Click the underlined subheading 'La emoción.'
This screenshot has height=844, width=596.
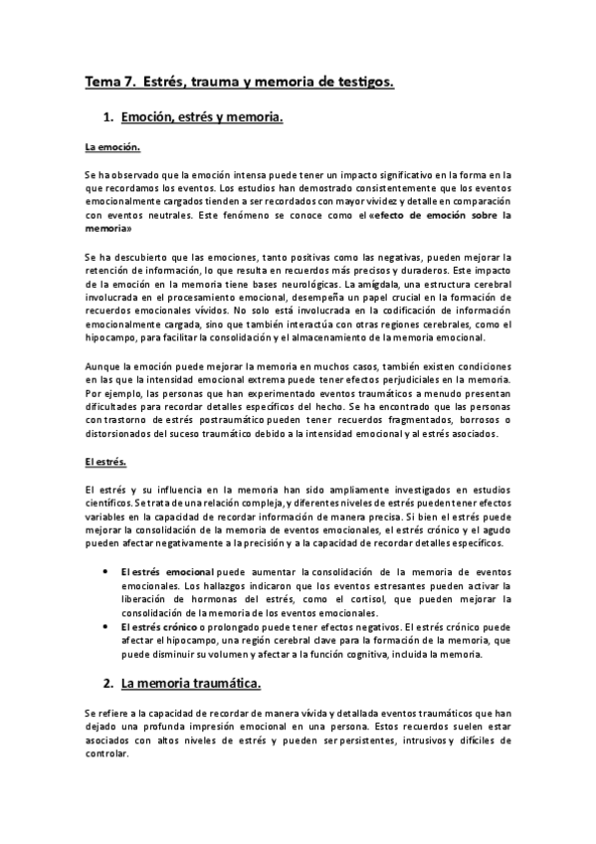113,148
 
